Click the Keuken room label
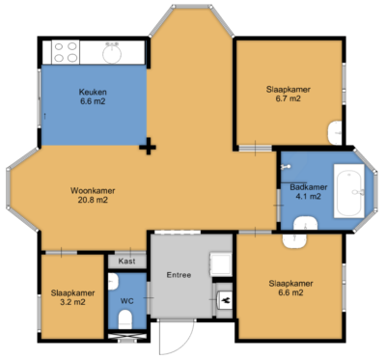pos(93,92)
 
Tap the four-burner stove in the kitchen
pos(66,51)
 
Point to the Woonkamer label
pos(88,190)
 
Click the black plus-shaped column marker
pos(149,147)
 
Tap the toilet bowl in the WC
pos(114,281)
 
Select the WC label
pos(127,300)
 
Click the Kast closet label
pos(126,262)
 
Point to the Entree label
pos(179,275)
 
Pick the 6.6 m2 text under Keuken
pos(93,101)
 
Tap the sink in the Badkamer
pos(305,225)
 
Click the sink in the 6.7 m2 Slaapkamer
pos(335,131)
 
